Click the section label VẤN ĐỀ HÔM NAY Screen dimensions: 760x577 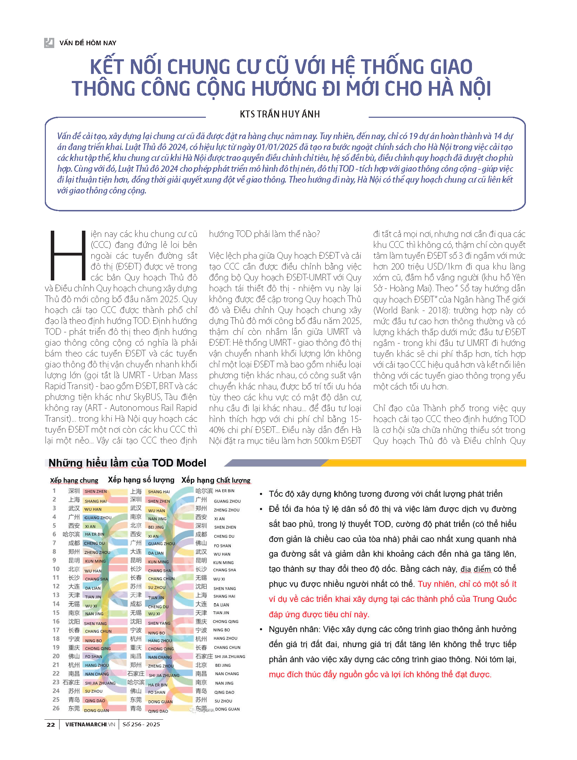point(88,43)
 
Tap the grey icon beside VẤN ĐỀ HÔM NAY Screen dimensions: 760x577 point(49,43)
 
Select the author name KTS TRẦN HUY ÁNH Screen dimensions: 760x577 point(280,114)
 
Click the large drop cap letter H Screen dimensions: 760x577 point(68,255)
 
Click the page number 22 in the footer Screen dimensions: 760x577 point(51,724)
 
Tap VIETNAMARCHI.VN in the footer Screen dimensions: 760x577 point(90,724)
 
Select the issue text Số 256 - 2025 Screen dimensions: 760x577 point(141,724)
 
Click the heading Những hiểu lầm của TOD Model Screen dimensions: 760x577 point(127,463)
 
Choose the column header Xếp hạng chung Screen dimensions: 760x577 point(74,480)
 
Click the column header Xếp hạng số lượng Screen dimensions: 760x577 point(141,480)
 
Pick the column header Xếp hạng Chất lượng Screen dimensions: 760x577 point(216,480)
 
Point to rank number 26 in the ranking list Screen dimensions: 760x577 point(56,708)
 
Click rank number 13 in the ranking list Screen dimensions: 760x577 point(56,595)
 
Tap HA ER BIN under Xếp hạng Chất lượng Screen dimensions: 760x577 point(224,491)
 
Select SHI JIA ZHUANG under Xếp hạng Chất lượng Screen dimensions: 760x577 point(230,657)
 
